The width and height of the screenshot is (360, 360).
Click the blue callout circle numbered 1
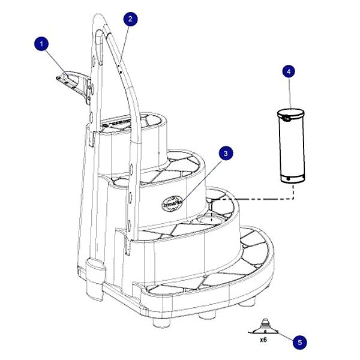click(41, 43)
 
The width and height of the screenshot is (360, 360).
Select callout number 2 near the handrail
click(130, 19)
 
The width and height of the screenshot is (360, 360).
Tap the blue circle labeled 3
click(225, 154)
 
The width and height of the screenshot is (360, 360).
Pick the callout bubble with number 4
click(289, 71)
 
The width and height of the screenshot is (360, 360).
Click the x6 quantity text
click(263, 339)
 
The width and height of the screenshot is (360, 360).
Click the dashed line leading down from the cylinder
click(292, 191)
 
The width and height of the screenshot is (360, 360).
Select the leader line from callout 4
click(290, 92)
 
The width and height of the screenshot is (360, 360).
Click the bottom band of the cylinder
click(292, 178)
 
